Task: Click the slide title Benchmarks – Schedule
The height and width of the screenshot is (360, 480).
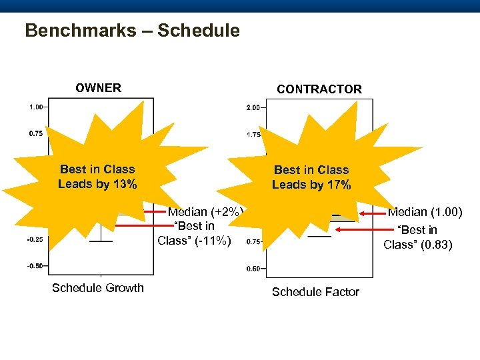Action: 132,31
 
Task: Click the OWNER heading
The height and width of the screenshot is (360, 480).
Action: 98,88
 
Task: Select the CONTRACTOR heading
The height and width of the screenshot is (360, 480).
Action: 319,89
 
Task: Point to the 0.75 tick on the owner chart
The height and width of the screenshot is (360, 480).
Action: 37,133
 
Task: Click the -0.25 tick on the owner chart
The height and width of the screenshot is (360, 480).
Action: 35,240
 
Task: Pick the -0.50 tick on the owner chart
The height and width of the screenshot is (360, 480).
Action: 35,266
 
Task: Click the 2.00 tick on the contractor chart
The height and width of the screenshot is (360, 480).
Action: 253,107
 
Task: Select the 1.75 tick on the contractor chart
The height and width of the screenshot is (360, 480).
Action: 253,135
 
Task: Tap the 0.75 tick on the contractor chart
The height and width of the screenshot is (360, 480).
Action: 253,242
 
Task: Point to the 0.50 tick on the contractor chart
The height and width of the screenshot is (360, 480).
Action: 253,269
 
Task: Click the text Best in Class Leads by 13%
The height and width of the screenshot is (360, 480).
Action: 97,177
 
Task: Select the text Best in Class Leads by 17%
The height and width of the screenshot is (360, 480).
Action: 311,177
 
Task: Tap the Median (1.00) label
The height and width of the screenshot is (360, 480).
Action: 424,212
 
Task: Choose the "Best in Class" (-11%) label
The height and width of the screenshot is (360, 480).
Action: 194,233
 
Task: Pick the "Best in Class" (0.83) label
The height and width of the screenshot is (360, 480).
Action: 417,237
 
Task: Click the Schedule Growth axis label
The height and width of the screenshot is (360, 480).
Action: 97,288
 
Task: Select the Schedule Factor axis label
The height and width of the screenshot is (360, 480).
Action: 315,292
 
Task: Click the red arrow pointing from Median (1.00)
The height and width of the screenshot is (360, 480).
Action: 371,213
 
